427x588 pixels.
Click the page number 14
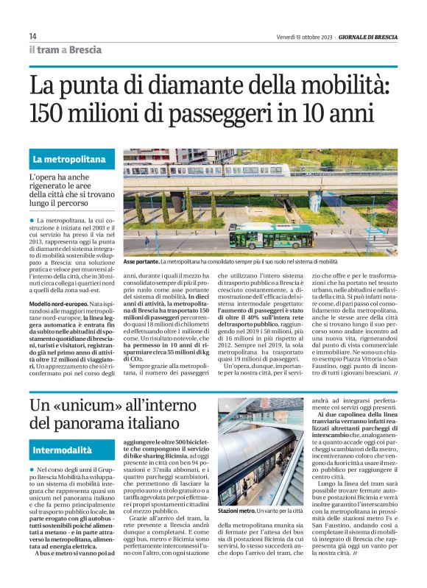(32, 36)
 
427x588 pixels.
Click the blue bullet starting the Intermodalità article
(32, 470)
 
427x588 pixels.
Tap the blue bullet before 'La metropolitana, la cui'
(32, 221)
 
